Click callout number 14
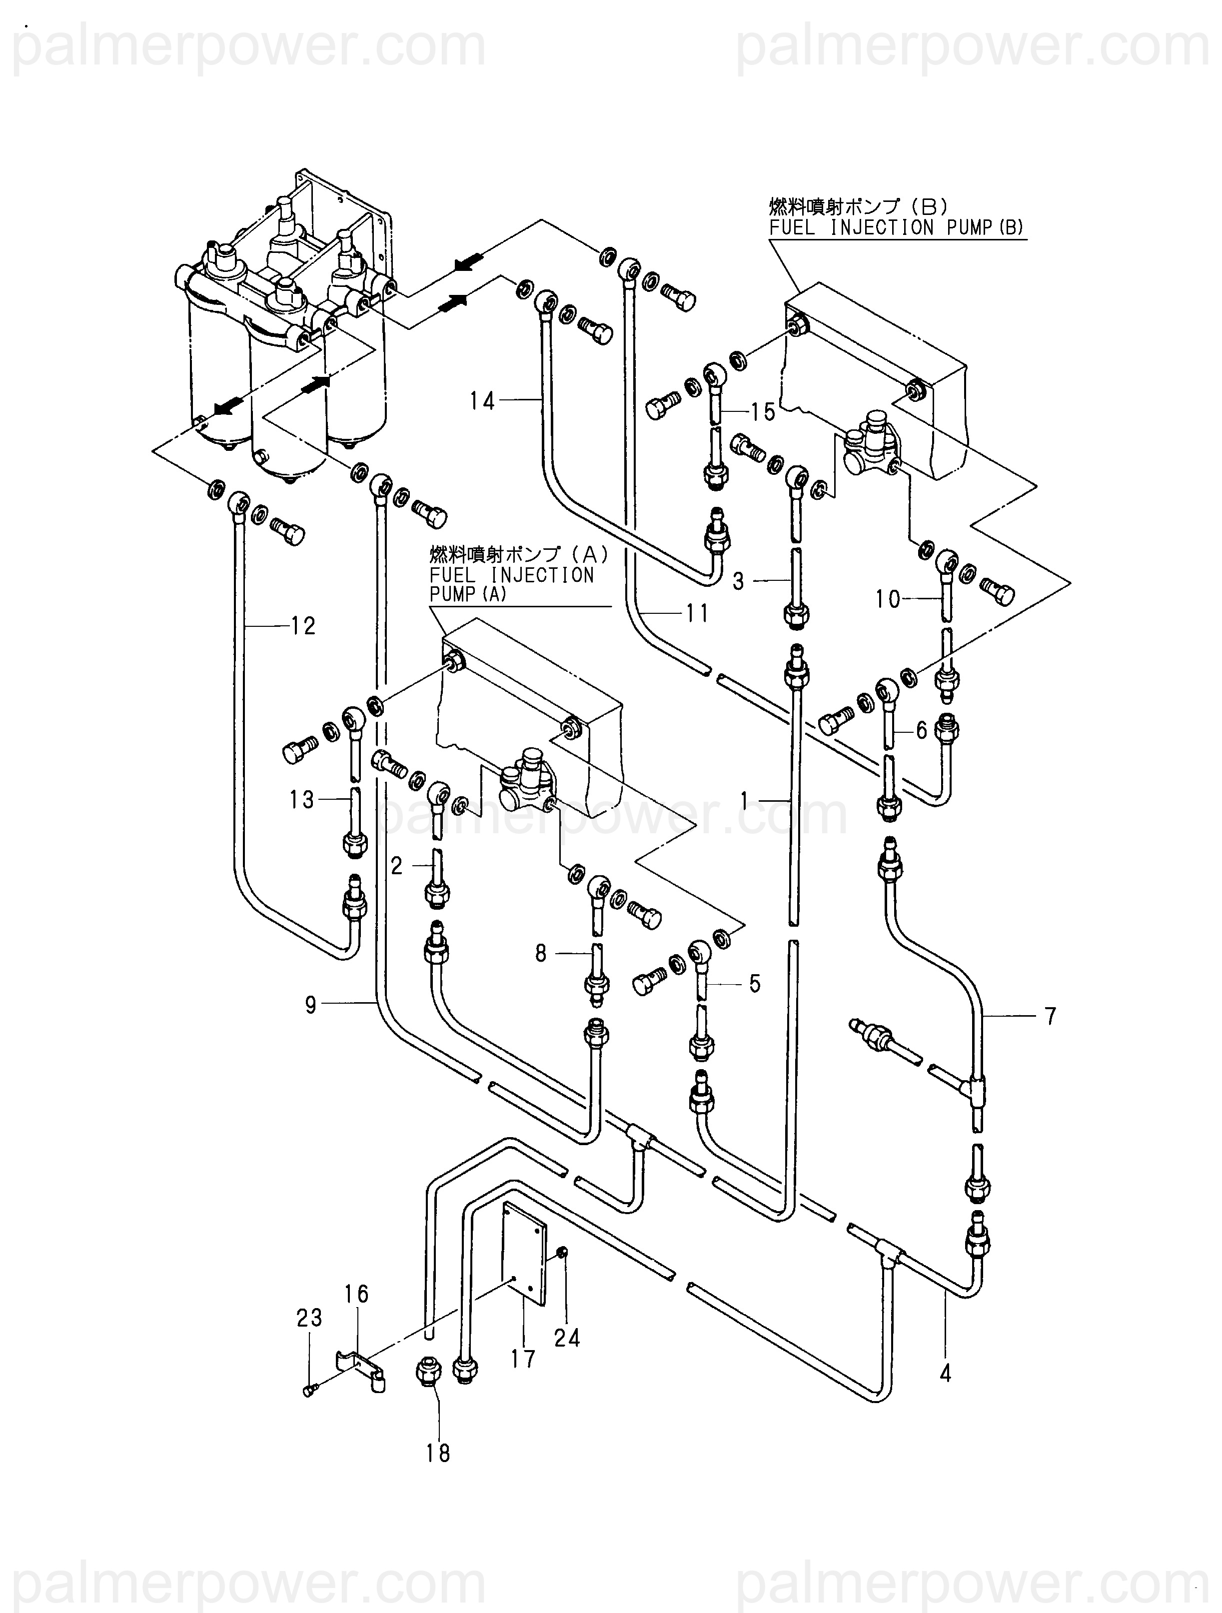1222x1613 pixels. click(482, 400)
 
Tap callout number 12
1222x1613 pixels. click(302, 626)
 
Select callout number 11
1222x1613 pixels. click(697, 613)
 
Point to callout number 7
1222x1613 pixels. click(1050, 1016)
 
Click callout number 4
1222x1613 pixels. click(946, 1374)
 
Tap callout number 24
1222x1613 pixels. click(567, 1338)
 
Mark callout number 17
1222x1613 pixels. click(523, 1359)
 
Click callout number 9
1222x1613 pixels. click(310, 1006)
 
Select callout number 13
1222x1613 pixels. click(301, 800)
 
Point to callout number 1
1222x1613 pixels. click(744, 801)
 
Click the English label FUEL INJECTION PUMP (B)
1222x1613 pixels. click(897, 227)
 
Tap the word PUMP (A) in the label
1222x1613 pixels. click(467, 594)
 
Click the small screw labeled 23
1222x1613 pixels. click(308, 1392)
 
